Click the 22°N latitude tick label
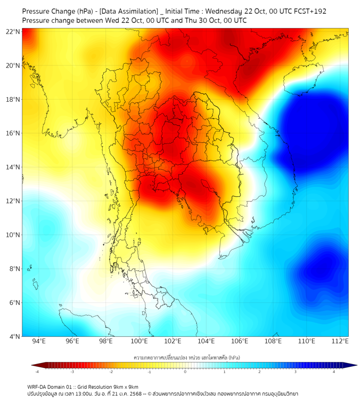click(x=13, y=31)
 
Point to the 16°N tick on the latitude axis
click(x=13, y=133)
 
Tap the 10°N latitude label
click(x=13, y=235)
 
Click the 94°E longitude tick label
click(x=39, y=342)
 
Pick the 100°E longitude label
click(x=139, y=342)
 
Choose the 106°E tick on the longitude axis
click(x=240, y=342)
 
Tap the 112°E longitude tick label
click(x=340, y=342)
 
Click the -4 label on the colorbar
click(x=37, y=372)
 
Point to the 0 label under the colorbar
click(x=185, y=372)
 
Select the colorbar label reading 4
click(x=334, y=372)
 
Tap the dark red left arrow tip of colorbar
click(x=32, y=365)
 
